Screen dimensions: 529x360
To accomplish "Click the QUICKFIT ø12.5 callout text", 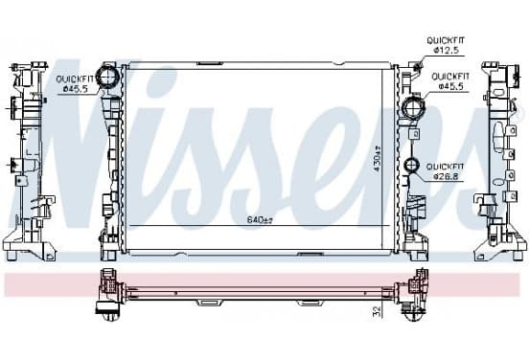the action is (x=446, y=45).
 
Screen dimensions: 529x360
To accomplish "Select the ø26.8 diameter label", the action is (x=447, y=176).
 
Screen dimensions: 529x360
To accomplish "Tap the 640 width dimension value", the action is (x=260, y=220).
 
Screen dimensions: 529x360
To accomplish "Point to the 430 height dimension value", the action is (x=378, y=159).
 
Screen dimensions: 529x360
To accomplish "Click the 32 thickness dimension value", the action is (x=378, y=311).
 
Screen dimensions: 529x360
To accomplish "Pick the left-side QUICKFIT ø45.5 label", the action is (x=76, y=84).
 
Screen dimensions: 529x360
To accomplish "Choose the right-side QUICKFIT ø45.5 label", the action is (x=450, y=81).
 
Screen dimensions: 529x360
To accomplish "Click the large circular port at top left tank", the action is (x=107, y=77).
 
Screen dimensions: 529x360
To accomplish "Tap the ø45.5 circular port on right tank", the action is (x=413, y=107).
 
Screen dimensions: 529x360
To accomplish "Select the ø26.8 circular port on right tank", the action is (x=411, y=165).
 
